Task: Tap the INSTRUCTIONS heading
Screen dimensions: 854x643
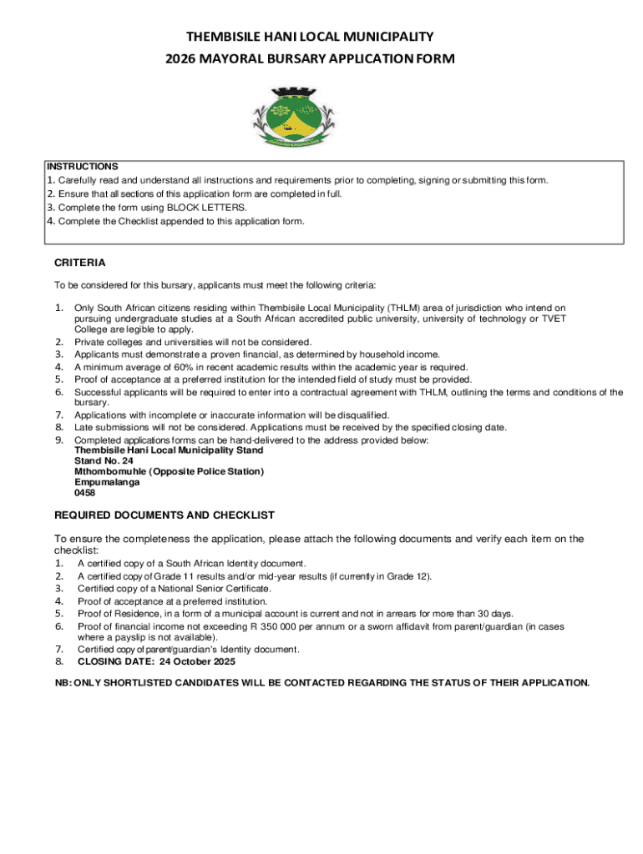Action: point(82,166)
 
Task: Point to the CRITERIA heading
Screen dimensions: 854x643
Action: point(80,263)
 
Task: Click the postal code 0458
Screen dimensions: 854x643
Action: point(85,493)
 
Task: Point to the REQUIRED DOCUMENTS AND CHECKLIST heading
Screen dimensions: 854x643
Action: point(165,515)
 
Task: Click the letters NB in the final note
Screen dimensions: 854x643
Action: point(63,683)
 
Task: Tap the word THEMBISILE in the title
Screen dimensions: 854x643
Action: point(226,37)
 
